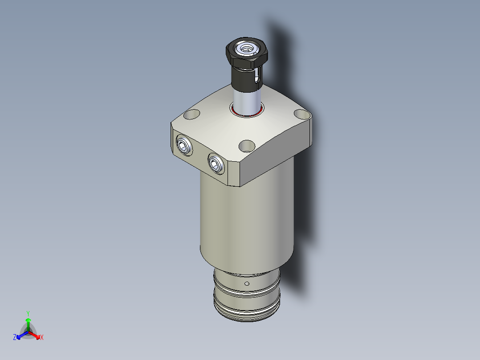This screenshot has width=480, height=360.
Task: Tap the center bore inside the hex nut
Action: pyautogui.click(x=246, y=47)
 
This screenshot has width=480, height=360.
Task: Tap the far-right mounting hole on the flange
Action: pyautogui.click(x=303, y=115)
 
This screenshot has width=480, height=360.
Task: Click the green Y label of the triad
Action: pyautogui.click(x=28, y=313)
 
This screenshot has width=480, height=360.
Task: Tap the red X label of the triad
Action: pyautogui.click(x=42, y=338)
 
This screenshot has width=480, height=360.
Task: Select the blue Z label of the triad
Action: pyautogui.click(x=15, y=337)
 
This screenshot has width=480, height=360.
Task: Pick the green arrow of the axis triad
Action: pyautogui.click(x=28, y=323)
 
